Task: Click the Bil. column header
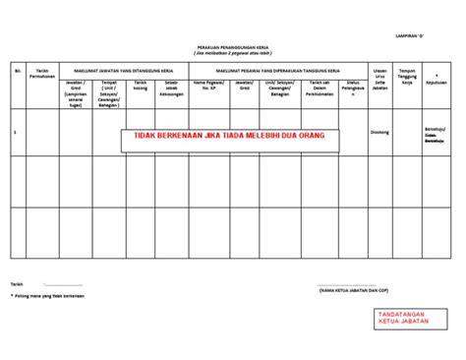(x=17, y=72)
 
